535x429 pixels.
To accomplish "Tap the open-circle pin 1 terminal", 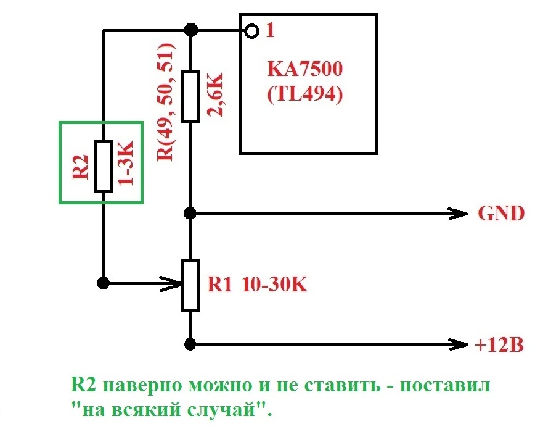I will click(x=250, y=30).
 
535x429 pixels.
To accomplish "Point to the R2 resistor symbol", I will click(x=104, y=166).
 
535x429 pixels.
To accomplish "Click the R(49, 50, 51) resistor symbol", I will click(x=190, y=96).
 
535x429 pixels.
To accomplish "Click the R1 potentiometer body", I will click(x=190, y=285).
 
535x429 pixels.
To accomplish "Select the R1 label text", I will click(x=220, y=285).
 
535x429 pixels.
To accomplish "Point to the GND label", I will click(x=501, y=214).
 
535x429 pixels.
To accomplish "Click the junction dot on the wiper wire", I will click(x=104, y=283).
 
